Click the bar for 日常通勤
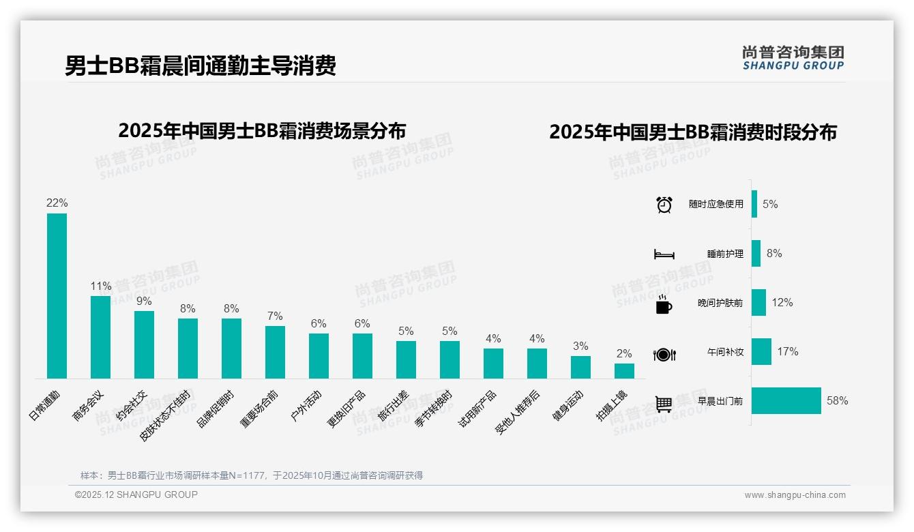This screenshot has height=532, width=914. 57,296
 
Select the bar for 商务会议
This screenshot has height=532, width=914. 100,337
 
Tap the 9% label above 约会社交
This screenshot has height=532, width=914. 144,301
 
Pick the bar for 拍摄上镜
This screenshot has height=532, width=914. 624,371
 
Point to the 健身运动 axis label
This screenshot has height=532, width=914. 568,406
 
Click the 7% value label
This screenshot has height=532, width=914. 275,316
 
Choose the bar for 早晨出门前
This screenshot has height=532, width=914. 786,401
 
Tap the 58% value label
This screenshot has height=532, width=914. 837,401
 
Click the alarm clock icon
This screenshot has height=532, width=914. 664,205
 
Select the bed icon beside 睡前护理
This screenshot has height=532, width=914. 664,254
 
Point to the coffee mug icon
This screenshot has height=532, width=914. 664,304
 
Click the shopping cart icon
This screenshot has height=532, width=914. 664,404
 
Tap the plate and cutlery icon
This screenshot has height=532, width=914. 664,354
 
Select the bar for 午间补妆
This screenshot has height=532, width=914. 761,352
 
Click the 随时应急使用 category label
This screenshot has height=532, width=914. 716,205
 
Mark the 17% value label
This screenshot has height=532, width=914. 787,352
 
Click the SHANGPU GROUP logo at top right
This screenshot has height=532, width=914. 793,58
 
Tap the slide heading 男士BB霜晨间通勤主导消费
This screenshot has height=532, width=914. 201,66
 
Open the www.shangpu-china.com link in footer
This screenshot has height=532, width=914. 795,495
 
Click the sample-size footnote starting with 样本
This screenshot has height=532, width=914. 252,475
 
